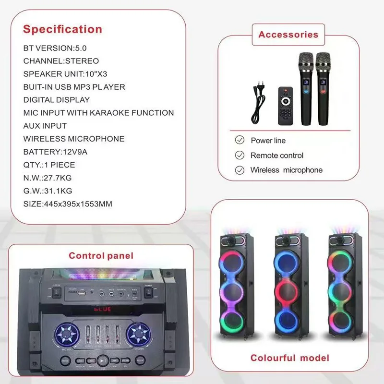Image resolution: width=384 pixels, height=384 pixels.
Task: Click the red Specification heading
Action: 62,29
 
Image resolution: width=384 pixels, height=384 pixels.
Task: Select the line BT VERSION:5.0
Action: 55,48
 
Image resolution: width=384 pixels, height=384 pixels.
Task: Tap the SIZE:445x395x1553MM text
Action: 68,204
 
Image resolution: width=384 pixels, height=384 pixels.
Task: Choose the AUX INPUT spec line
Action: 45,126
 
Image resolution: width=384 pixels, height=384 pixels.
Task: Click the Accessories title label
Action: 288,35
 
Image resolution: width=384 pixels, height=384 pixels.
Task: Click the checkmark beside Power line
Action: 239,140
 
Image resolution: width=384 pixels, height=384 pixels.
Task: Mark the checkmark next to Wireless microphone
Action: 239,170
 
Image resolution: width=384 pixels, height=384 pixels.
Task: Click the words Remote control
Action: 277,156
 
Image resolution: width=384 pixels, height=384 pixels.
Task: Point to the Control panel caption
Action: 101,256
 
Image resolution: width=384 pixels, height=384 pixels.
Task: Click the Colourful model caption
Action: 290,358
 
